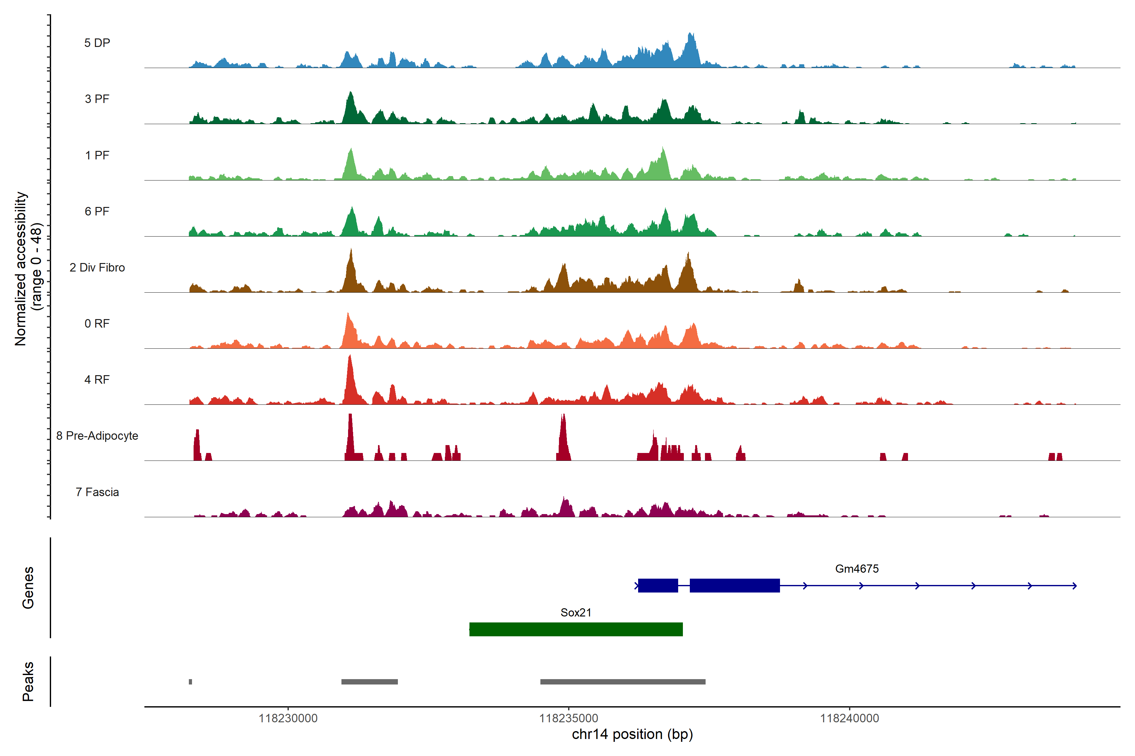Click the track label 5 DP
click(97, 43)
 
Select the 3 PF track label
click(97, 99)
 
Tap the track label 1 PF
click(97, 155)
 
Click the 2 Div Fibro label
click(97, 267)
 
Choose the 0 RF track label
click(97, 324)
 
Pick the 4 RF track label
click(97, 380)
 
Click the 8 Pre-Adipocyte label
click(97, 436)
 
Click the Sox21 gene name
click(576, 612)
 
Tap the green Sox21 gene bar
click(576, 629)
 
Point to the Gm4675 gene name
click(857, 569)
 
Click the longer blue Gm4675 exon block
click(735, 585)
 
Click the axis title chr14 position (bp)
click(632, 734)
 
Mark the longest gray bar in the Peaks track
click(622, 682)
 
